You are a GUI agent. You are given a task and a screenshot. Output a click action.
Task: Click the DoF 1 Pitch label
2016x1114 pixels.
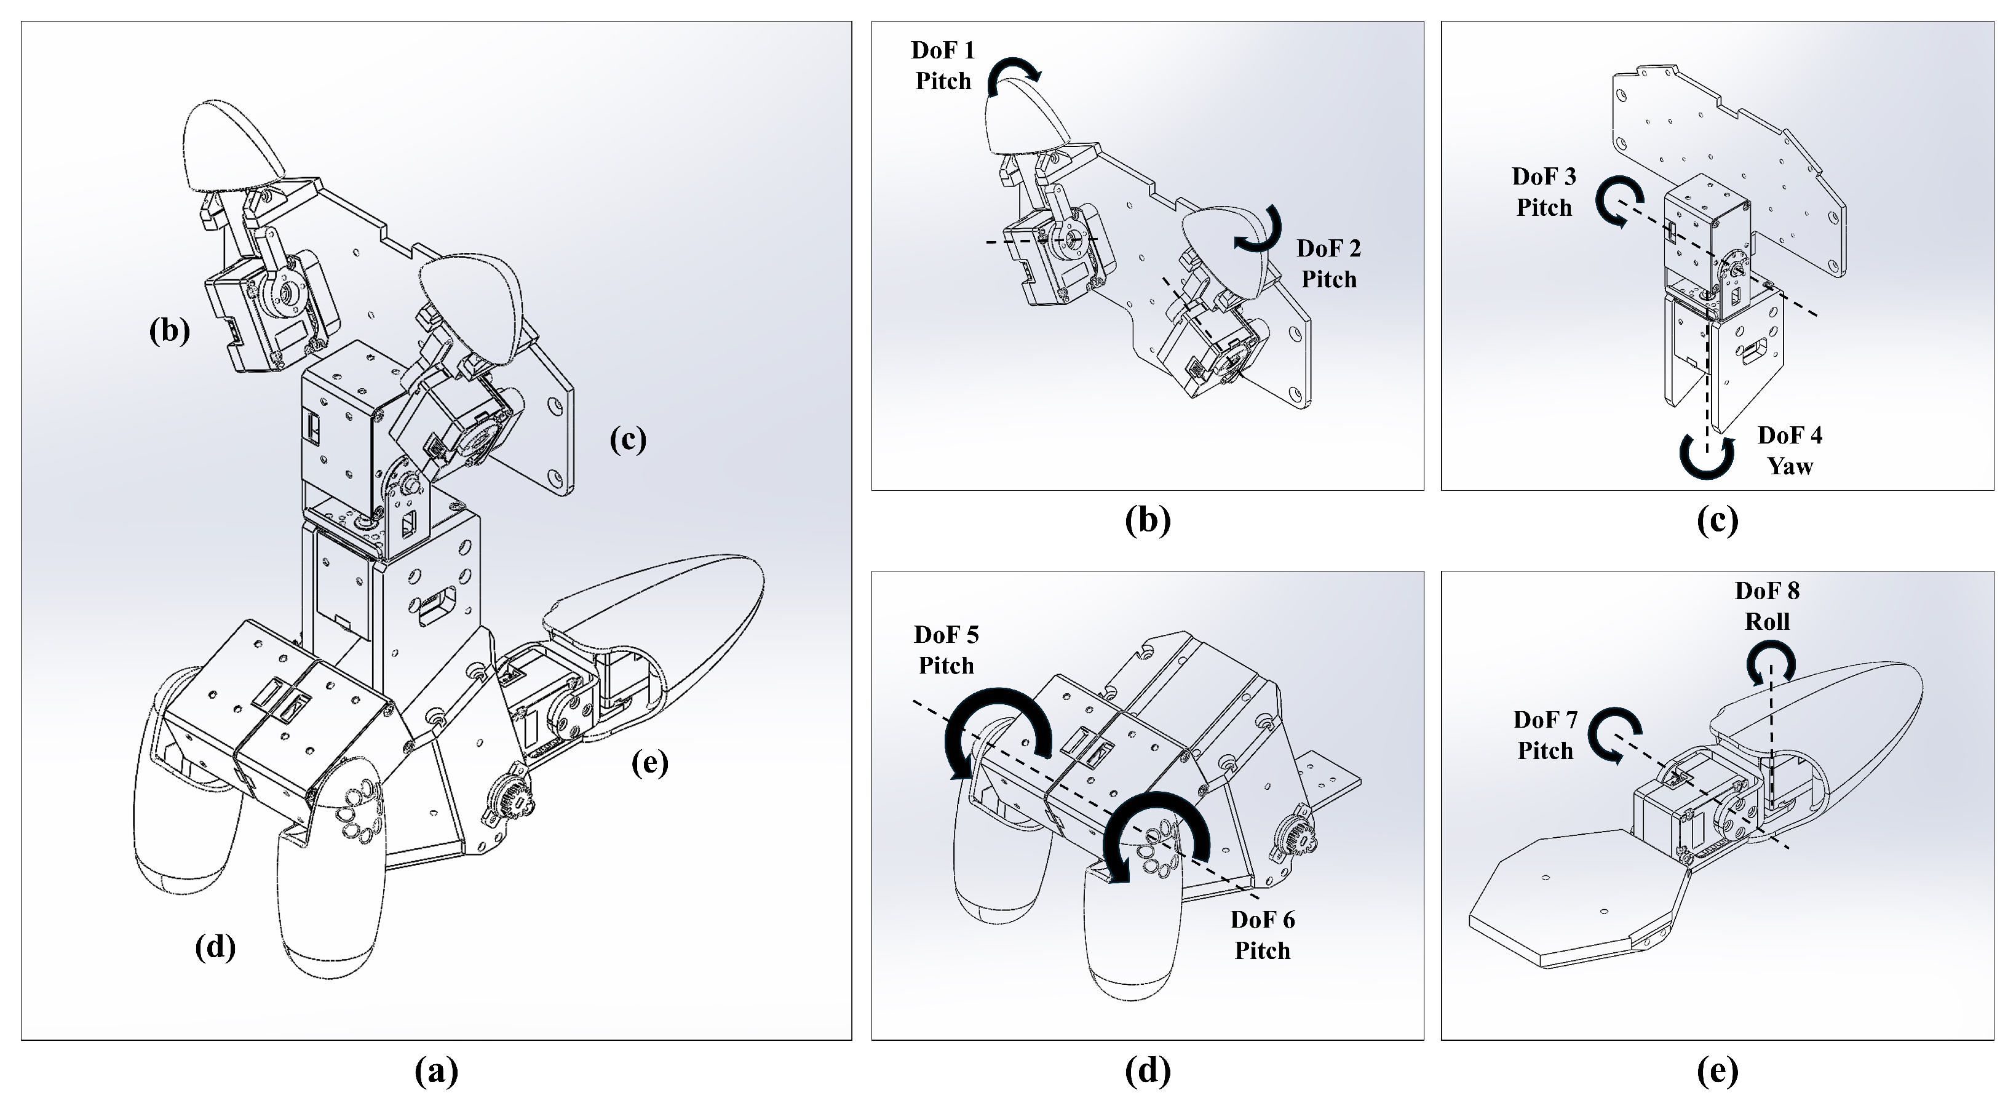click(x=942, y=66)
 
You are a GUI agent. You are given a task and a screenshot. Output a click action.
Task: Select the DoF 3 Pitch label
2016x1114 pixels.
click(x=1543, y=192)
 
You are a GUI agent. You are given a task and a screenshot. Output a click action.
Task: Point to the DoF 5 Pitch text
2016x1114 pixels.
click(x=945, y=650)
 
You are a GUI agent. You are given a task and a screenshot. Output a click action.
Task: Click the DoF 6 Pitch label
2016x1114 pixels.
click(x=1261, y=935)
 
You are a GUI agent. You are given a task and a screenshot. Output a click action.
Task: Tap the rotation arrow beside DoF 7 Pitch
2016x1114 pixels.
click(x=1614, y=735)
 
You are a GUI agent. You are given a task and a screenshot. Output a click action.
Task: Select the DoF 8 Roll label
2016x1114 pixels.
click(x=1767, y=606)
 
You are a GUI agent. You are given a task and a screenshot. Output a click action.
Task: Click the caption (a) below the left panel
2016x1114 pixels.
click(x=436, y=1070)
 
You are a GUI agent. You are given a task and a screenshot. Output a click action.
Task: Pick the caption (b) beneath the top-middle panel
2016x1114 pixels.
click(x=1148, y=520)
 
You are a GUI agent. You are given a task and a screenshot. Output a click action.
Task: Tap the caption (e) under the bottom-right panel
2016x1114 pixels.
click(x=1717, y=1070)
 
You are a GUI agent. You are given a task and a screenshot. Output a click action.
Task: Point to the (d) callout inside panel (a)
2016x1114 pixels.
click(x=215, y=947)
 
